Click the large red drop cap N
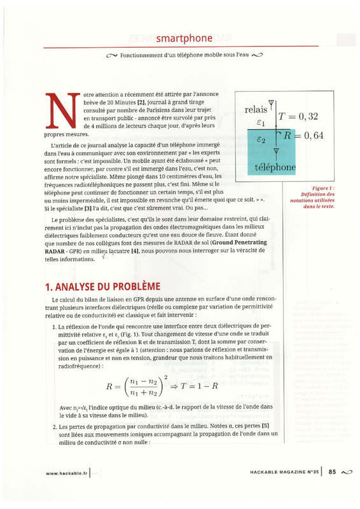[63, 111]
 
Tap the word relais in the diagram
[256, 109]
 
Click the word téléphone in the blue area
[275, 167]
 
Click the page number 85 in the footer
[332, 471]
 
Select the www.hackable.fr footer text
[66, 472]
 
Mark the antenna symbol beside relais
[272, 103]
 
